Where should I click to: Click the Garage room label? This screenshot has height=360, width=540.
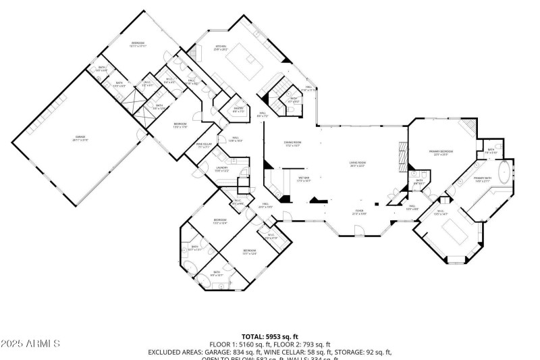[80, 140]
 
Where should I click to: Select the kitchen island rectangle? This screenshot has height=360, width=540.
[245, 64]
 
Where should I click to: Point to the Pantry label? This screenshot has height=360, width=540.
[238, 109]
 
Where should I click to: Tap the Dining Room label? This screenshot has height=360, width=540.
[292, 144]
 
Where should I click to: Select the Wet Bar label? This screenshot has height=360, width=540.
[303, 180]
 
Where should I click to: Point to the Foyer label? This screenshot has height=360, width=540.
[360, 212]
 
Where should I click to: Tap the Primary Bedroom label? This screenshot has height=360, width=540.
[441, 153]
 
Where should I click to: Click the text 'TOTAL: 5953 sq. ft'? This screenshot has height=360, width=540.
[269, 336]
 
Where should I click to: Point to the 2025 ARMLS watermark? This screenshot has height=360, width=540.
[30, 343]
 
